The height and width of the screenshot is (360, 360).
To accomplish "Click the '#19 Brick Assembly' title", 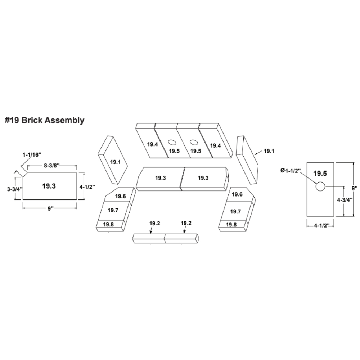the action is [45, 120].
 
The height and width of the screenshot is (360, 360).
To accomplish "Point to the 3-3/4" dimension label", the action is [15, 189].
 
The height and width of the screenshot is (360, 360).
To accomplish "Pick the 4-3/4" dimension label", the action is [345, 200].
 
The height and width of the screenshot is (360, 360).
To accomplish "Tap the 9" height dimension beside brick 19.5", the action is [355, 188].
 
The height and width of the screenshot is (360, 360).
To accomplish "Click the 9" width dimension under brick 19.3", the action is [50, 208].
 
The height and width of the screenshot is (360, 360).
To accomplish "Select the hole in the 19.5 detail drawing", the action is [320, 186].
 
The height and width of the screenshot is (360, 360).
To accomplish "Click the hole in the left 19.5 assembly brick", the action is [172, 142].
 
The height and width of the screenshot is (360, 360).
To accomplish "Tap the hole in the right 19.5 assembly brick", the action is [194, 142].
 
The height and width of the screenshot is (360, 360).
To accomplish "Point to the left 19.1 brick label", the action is [115, 162].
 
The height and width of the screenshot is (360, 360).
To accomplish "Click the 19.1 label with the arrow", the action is [269, 151].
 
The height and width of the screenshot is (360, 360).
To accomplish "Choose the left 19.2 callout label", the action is [154, 223].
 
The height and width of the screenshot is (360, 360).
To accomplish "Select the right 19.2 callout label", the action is [186, 223].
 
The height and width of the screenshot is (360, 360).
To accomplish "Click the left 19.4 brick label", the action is [153, 144].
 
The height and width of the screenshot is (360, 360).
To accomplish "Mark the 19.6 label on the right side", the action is [237, 194].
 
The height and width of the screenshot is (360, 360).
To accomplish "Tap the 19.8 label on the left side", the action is [108, 224].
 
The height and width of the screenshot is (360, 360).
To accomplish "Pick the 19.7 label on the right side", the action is [235, 211].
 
